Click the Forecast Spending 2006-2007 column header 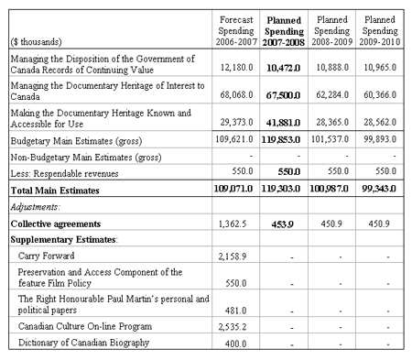(x=240, y=29)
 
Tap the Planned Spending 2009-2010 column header (x=380, y=29)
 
